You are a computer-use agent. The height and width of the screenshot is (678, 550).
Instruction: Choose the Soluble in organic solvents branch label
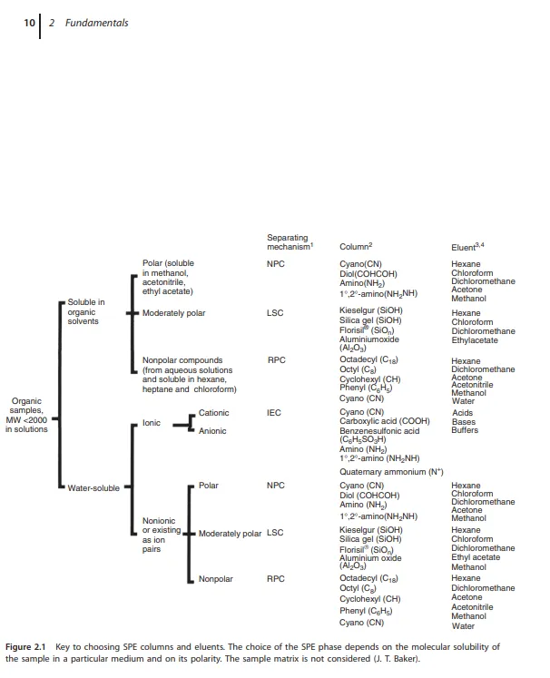click(87, 311)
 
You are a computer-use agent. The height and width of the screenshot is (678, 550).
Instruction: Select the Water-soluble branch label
click(93, 488)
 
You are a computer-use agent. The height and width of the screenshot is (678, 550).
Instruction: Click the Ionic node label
click(152, 422)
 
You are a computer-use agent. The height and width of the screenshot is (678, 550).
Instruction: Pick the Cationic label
click(214, 413)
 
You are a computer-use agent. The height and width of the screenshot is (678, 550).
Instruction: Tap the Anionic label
click(212, 431)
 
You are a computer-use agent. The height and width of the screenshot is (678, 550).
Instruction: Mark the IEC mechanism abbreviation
click(274, 413)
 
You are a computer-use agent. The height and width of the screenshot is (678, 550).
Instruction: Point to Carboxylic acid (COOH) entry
click(384, 422)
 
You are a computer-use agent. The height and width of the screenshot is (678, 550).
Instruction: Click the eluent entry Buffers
click(465, 431)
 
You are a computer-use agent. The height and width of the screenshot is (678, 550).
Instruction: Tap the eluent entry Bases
click(463, 422)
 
